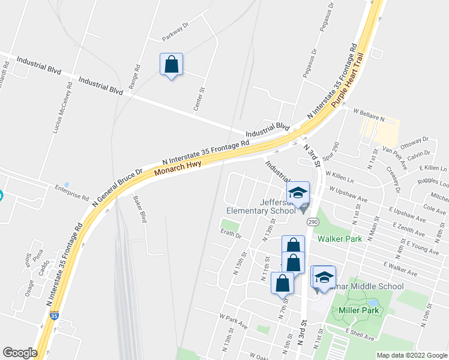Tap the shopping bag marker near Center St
(171, 65)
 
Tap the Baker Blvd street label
(140, 208)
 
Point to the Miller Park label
(358, 310)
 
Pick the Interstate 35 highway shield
(55, 315)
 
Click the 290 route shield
(312, 222)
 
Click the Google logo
(20, 352)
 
